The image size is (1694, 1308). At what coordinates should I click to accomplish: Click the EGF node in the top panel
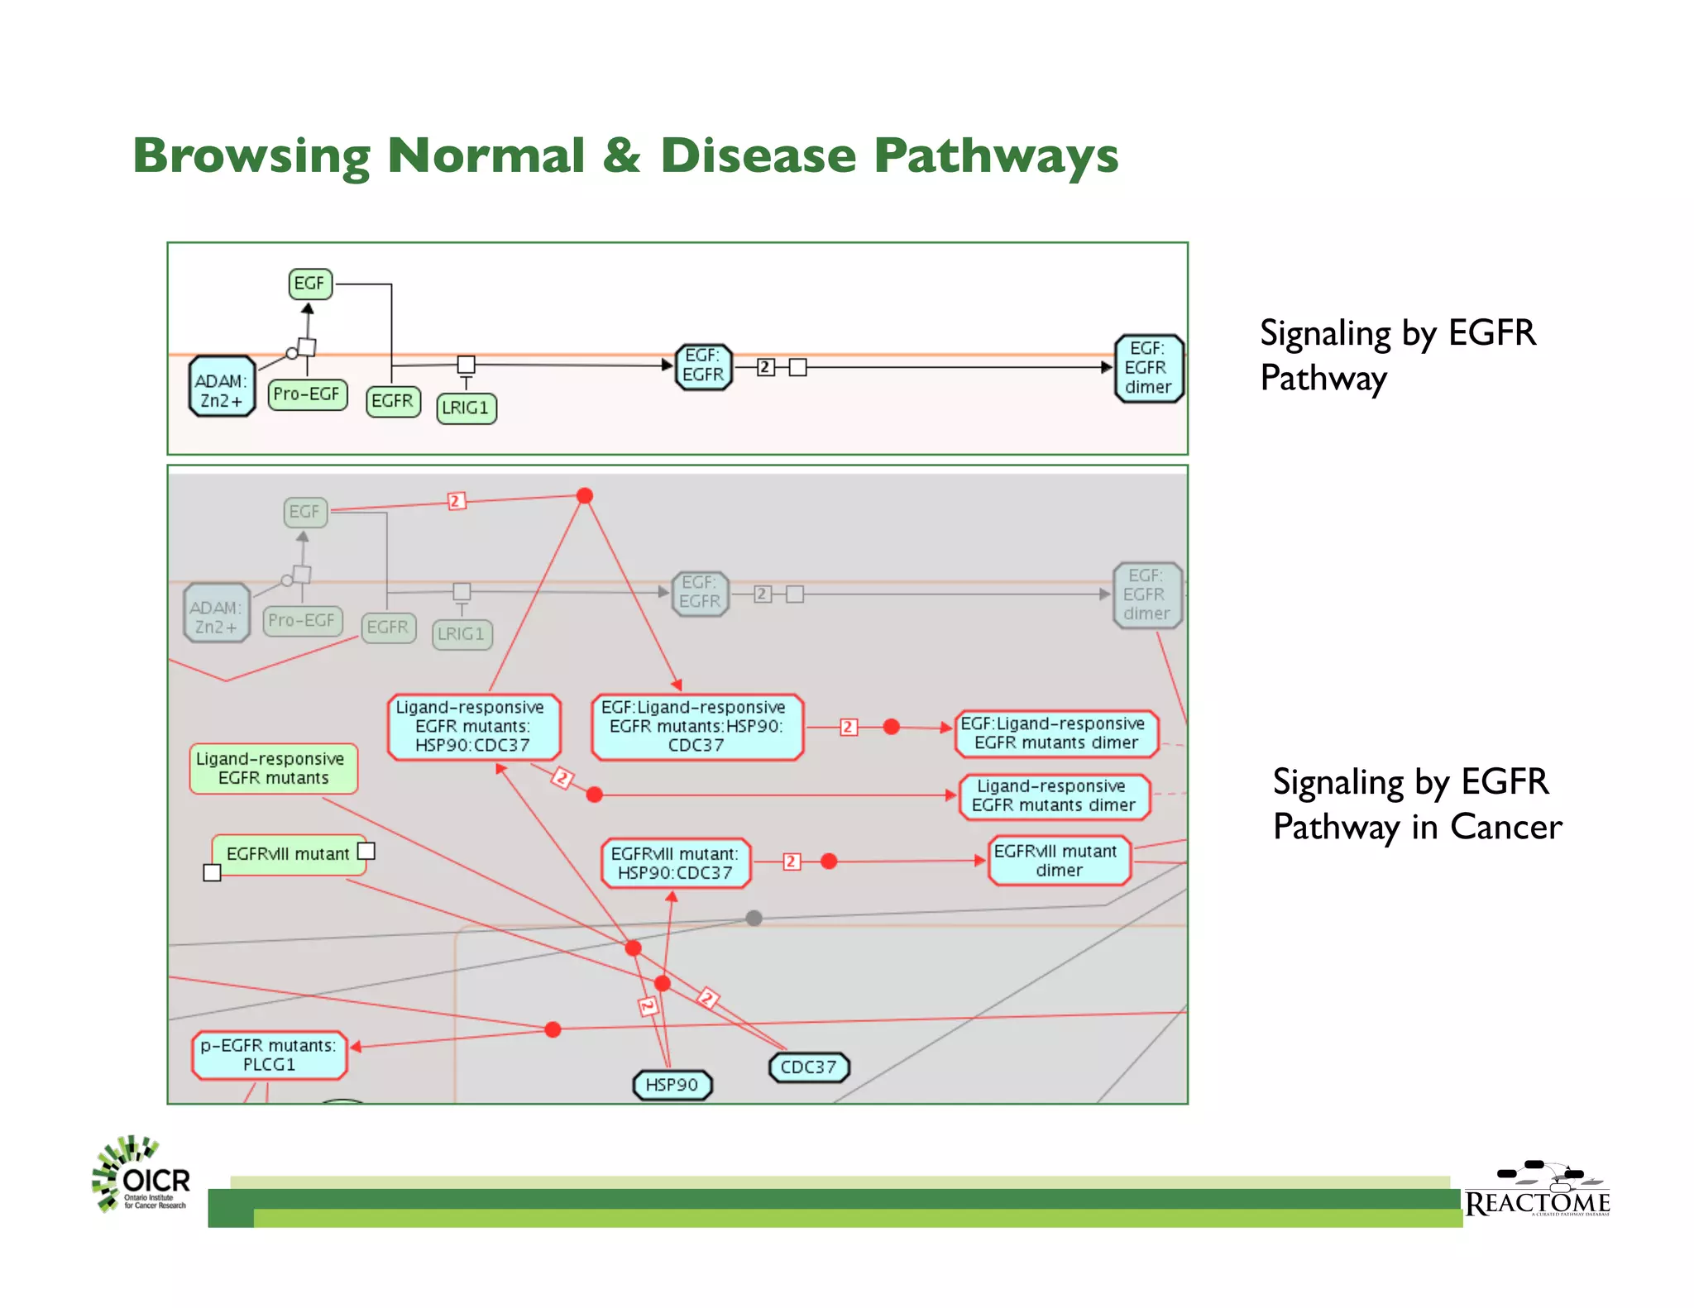310,284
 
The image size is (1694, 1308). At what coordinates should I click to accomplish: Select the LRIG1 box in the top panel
467,408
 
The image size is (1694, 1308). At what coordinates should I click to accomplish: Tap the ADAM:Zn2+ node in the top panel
221,387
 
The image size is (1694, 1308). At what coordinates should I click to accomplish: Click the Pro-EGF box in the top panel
307,394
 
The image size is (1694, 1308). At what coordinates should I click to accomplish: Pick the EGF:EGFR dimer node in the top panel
1148,369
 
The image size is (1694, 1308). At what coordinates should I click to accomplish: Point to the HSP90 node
672,1085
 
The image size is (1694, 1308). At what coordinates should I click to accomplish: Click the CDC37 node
808,1067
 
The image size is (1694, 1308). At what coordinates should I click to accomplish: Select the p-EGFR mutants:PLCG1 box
269,1055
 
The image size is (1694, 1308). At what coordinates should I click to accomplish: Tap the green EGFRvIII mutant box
288,854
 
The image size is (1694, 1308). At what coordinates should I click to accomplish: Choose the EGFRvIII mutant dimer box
1059,861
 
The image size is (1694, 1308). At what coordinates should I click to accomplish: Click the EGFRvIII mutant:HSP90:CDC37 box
675,863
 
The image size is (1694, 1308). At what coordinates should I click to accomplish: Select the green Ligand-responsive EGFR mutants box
273,768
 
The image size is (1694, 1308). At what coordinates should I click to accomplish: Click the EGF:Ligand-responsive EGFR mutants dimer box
1055,733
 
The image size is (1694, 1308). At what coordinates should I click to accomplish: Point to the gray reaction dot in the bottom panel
754,918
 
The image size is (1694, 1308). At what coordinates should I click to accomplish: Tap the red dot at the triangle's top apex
585,496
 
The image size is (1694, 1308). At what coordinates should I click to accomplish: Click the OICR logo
141,1175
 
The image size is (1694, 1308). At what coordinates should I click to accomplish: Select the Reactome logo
1538,1191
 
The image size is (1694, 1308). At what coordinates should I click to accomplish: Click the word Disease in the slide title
758,155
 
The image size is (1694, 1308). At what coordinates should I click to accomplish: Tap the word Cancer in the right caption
1505,827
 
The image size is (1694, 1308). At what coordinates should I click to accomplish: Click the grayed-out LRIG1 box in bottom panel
462,634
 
